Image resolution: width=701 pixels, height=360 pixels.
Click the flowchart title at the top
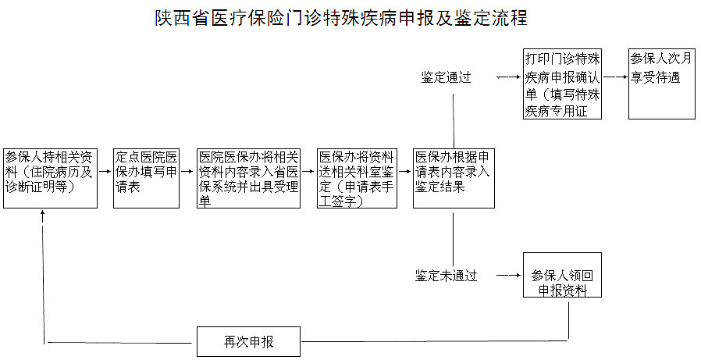pyautogui.click(x=342, y=18)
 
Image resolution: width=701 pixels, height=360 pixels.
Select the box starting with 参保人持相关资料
pyautogui.click(x=51, y=177)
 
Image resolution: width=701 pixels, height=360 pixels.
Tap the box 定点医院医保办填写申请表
pyautogui.click(x=147, y=177)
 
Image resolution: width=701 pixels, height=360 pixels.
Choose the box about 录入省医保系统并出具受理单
pyautogui.click(x=249, y=177)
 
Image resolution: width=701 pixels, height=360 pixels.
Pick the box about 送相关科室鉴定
pyautogui.click(x=356, y=177)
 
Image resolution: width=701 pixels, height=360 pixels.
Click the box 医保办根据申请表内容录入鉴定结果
pyautogui.click(x=454, y=177)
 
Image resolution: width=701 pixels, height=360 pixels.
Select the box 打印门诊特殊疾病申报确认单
pyautogui.click(x=562, y=84)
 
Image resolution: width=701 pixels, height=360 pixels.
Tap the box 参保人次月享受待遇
pyautogui.click(x=661, y=84)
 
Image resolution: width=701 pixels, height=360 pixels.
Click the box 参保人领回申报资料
pyautogui.click(x=562, y=275)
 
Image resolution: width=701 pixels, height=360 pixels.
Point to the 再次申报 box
pyautogui.click(x=248, y=341)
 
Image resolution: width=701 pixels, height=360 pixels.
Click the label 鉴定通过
pyautogui.click(x=446, y=78)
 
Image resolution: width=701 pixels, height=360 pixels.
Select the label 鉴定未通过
pyautogui.click(x=446, y=276)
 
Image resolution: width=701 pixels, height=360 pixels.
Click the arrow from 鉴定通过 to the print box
pyautogui.click(x=507, y=78)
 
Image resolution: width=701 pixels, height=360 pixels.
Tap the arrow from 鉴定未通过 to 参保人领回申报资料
pyautogui.click(x=507, y=276)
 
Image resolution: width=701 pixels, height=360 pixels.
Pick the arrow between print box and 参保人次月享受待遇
pyautogui.click(x=615, y=77)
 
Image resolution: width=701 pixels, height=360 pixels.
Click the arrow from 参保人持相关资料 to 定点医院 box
pyautogui.click(x=105, y=178)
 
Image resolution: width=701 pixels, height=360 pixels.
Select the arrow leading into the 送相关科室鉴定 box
pyautogui.click(x=310, y=178)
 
